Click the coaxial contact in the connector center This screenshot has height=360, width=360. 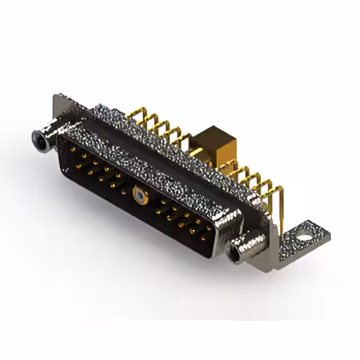[x=138, y=196]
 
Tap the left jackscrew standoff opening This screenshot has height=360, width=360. [x=40, y=137]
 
